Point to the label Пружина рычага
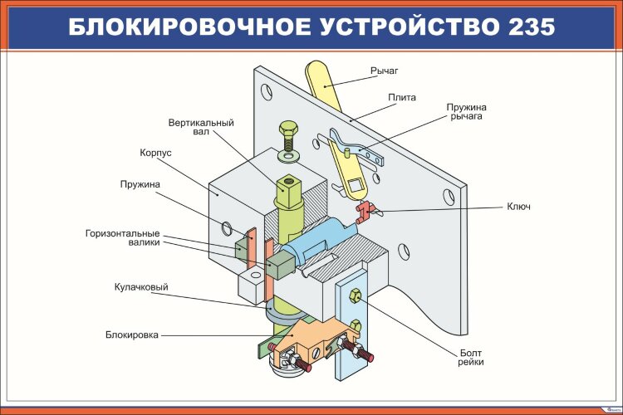tap(466, 112)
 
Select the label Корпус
tap(155, 153)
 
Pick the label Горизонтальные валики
tap(122, 237)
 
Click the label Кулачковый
tap(141, 287)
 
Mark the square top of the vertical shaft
tap(288, 190)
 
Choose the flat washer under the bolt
tap(289, 155)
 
